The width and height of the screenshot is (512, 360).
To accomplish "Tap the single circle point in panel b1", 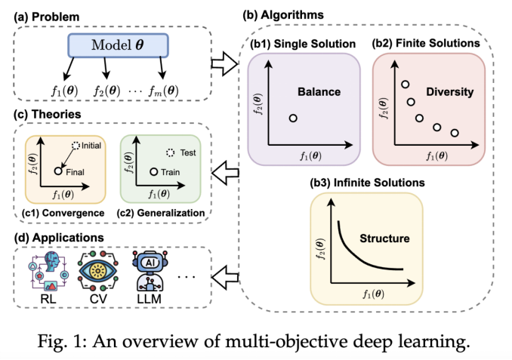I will point(293,118).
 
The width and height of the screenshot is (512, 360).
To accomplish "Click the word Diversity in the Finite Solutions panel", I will point(449,92).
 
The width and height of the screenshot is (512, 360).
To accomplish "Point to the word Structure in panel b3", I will point(384,238).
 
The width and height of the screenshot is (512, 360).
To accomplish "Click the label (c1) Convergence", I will point(63,213).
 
